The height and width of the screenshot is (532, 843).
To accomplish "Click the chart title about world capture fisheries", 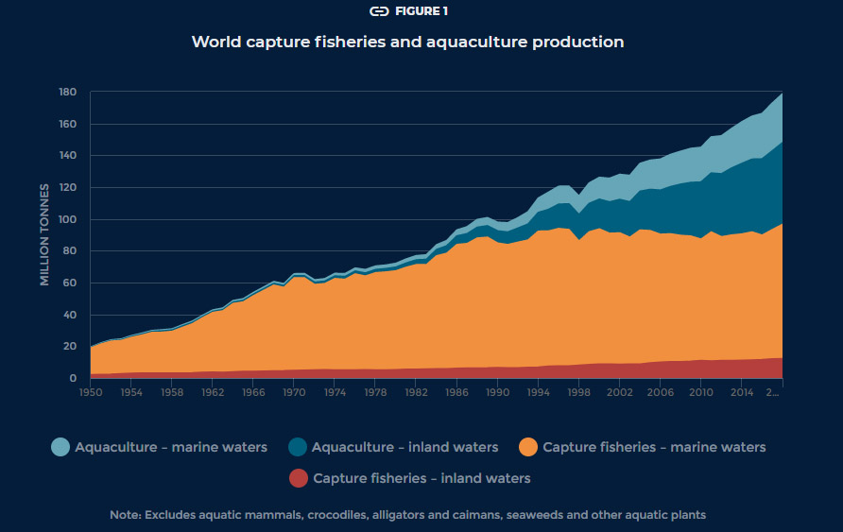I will (x=407, y=42).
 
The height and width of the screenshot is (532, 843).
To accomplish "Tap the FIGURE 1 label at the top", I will (x=421, y=11).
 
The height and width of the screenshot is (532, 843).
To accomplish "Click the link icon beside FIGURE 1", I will (x=379, y=11).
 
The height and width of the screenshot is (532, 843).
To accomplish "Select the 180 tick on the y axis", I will (x=66, y=93).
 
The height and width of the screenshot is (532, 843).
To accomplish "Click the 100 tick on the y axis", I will (x=66, y=219).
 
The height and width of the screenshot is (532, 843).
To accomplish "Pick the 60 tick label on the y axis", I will (x=69, y=283).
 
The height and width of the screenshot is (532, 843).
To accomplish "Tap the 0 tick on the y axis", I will (x=73, y=378).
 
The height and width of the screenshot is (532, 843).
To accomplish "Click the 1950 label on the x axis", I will (x=91, y=391).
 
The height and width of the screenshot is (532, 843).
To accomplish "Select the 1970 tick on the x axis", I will (x=295, y=391).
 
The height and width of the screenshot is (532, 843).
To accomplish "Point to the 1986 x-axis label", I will (x=457, y=391).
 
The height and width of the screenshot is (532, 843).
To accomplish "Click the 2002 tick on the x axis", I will (x=620, y=391).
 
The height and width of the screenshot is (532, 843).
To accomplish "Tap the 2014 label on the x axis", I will (x=742, y=391).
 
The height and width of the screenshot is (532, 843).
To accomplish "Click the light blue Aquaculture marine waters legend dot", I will (x=60, y=447).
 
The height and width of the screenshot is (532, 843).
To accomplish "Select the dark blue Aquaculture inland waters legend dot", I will (x=297, y=447).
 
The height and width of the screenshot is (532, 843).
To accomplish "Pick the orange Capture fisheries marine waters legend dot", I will (x=528, y=447).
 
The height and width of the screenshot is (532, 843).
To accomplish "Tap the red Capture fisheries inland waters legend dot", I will (x=299, y=478).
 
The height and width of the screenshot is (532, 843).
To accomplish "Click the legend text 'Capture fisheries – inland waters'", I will (x=421, y=478).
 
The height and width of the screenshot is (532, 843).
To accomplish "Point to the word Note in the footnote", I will (x=124, y=515).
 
